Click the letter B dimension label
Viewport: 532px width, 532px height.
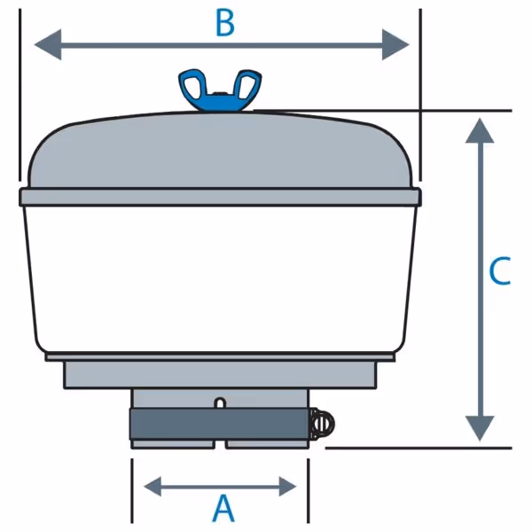pyautogui.click(x=225, y=23)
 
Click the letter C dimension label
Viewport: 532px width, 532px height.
pyautogui.click(x=500, y=270)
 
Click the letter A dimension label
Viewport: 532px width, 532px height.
pyautogui.click(x=223, y=508)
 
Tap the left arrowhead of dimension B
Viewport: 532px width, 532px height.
pyautogui.click(x=48, y=44)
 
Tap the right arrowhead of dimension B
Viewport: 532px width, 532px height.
pyautogui.click(x=395, y=44)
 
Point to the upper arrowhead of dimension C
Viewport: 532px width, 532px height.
pyautogui.click(x=480, y=130)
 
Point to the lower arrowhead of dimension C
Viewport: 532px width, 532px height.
pyautogui.click(x=480, y=429)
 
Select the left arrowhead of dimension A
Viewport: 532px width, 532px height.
pyautogui.click(x=153, y=487)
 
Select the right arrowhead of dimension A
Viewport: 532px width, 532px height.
pyautogui.click(x=287, y=487)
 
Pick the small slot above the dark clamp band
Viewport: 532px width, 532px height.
pyautogui.click(x=220, y=403)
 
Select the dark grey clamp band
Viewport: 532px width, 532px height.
pyautogui.click(x=220, y=424)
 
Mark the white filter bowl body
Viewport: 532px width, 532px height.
pyautogui.click(x=220, y=279)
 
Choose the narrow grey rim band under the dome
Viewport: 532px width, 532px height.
pyautogui.click(x=220, y=197)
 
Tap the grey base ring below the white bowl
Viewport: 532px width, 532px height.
pyautogui.click(x=220, y=374)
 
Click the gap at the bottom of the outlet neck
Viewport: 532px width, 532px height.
pyautogui.click(x=220, y=444)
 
